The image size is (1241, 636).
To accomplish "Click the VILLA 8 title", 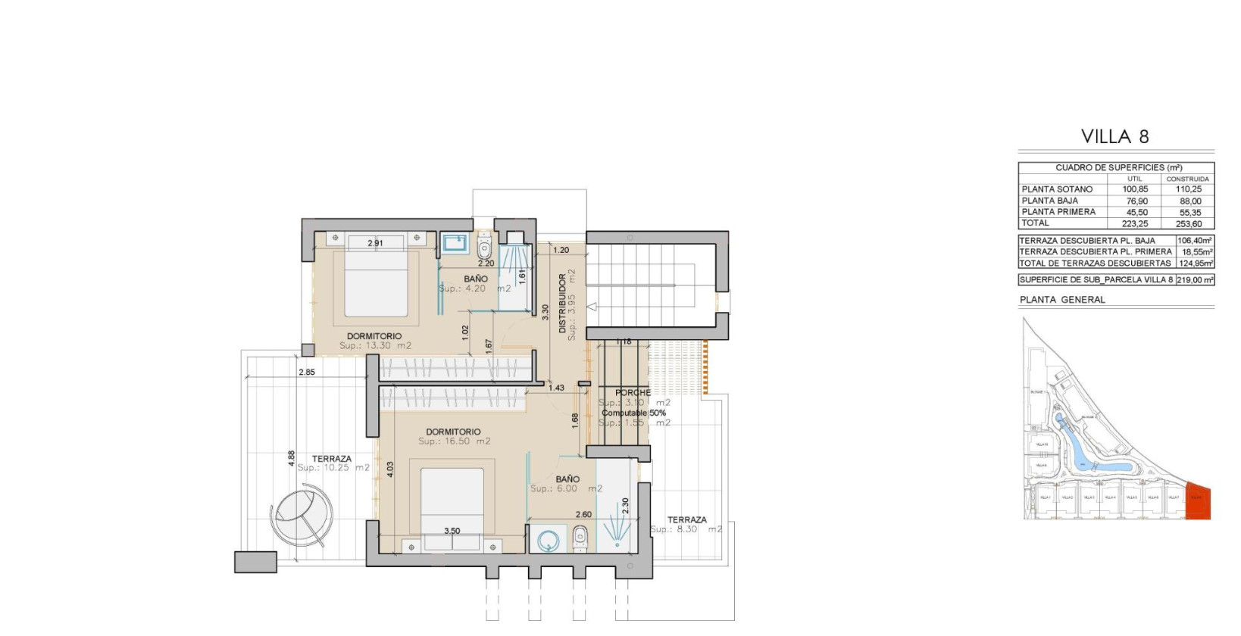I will tap(1115, 137).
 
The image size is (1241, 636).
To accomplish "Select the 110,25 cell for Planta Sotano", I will tap(1188, 189).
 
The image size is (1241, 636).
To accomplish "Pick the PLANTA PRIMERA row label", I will tap(1058, 212).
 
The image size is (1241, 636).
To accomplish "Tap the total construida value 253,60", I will tap(1188, 224).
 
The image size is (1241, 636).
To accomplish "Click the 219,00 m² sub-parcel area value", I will tap(1194, 280).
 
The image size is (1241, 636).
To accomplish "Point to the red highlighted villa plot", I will tap(1198, 500).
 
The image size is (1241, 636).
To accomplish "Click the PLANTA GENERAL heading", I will tap(1062, 300).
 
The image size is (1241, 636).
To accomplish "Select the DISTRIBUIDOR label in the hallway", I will tap(562, 303).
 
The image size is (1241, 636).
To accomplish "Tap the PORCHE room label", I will tap(633, 393).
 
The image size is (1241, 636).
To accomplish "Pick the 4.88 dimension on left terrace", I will tap(292, 459).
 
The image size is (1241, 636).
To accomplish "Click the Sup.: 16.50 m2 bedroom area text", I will tap(454, 441).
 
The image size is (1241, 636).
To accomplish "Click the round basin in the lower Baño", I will tap(548, 541).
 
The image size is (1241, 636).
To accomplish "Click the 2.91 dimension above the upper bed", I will tap(375, 243).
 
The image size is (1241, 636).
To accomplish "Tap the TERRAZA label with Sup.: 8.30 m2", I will tap(686, 520).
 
